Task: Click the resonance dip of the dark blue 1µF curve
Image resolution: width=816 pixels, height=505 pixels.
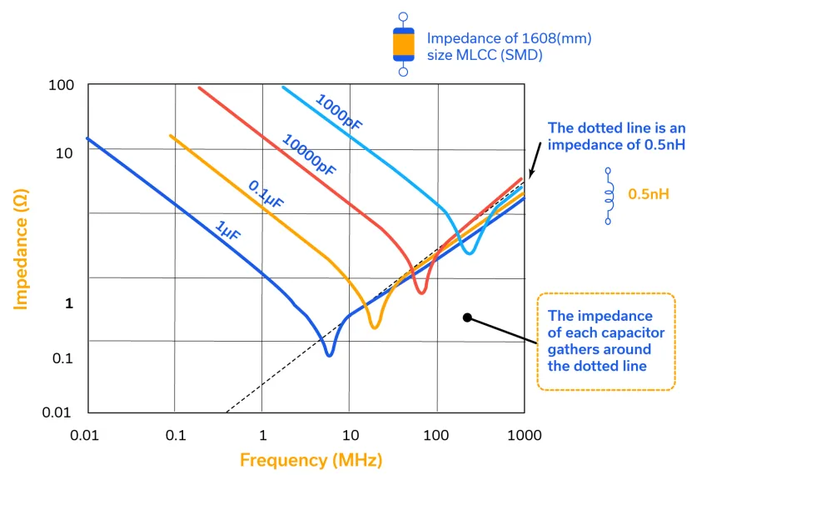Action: [x=329, y=353]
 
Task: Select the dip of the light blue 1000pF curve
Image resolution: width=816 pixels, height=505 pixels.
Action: [x=469, y=251]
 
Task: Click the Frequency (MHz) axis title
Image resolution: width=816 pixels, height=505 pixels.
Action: [x=311, y=460]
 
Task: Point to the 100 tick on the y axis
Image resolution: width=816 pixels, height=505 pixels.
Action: [x=62, y=86]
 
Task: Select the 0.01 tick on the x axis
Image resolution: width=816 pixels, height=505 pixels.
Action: [x=88, y=436]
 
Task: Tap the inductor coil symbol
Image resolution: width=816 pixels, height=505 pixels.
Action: [x=608, y=195]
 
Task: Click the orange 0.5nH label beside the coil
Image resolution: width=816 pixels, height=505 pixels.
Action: [x=649, y=194]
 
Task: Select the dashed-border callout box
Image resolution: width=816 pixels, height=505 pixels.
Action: [x=605, y=341]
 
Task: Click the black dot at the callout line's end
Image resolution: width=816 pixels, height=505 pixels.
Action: [x=467, y=317]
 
